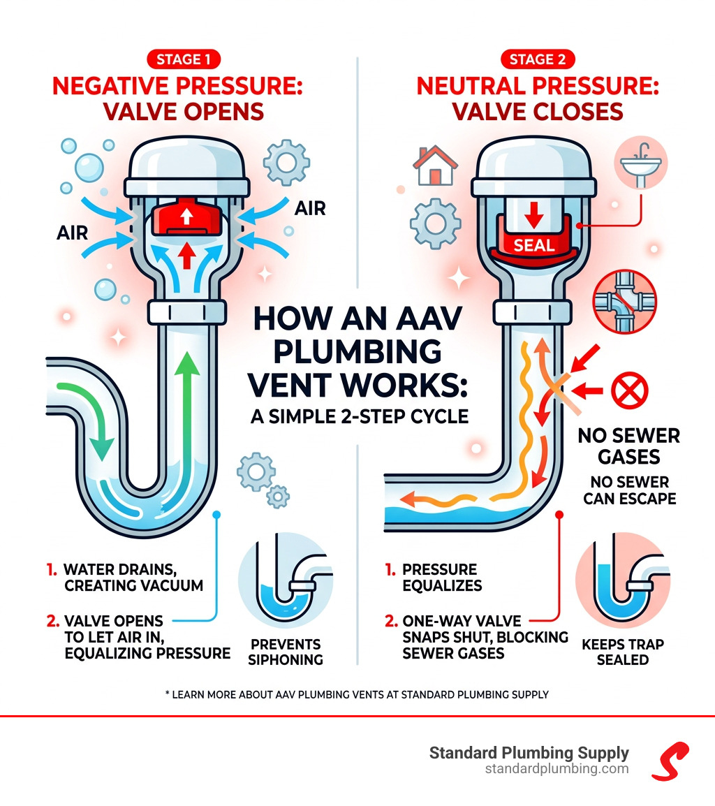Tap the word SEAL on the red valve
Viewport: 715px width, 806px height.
pos(534,245)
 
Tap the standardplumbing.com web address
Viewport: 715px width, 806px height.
pos(556,769)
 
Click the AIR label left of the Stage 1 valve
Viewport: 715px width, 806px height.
pos(72,232)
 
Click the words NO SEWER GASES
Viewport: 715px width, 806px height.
pos(628,447)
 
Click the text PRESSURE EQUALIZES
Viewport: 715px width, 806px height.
pos(441,577)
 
